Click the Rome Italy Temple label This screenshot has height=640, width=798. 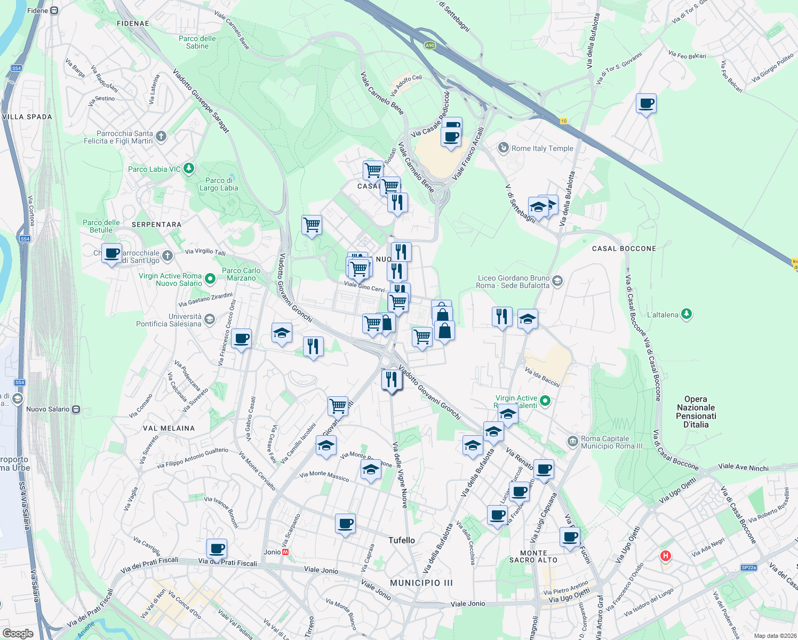point(542,148)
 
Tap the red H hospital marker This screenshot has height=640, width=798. point(665,556)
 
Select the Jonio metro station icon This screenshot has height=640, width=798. point(286,552)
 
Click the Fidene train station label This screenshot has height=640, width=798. point(37,11)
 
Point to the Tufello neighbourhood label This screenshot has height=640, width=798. point(402,540)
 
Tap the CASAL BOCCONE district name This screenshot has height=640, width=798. point(624,249)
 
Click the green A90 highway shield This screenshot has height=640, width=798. point(430,45)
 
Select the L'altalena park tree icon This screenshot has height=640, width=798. point(687,314)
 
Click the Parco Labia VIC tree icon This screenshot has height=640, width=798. point(188,169)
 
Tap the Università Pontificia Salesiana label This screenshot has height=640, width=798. point(169,320)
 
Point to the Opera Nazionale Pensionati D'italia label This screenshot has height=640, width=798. point(696,412)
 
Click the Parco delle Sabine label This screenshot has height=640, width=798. point(197,42)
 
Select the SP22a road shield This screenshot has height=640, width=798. point(748,567)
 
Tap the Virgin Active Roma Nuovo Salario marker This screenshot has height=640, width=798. point(210,278)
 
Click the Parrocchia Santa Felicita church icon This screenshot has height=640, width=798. point(161,136)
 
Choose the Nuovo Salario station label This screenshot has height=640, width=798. point(48,409)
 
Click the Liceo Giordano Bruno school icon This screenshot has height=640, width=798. point(557,281)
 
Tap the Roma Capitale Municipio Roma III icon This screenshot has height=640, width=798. point(573,441)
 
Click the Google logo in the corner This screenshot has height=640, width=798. point(18,634)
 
